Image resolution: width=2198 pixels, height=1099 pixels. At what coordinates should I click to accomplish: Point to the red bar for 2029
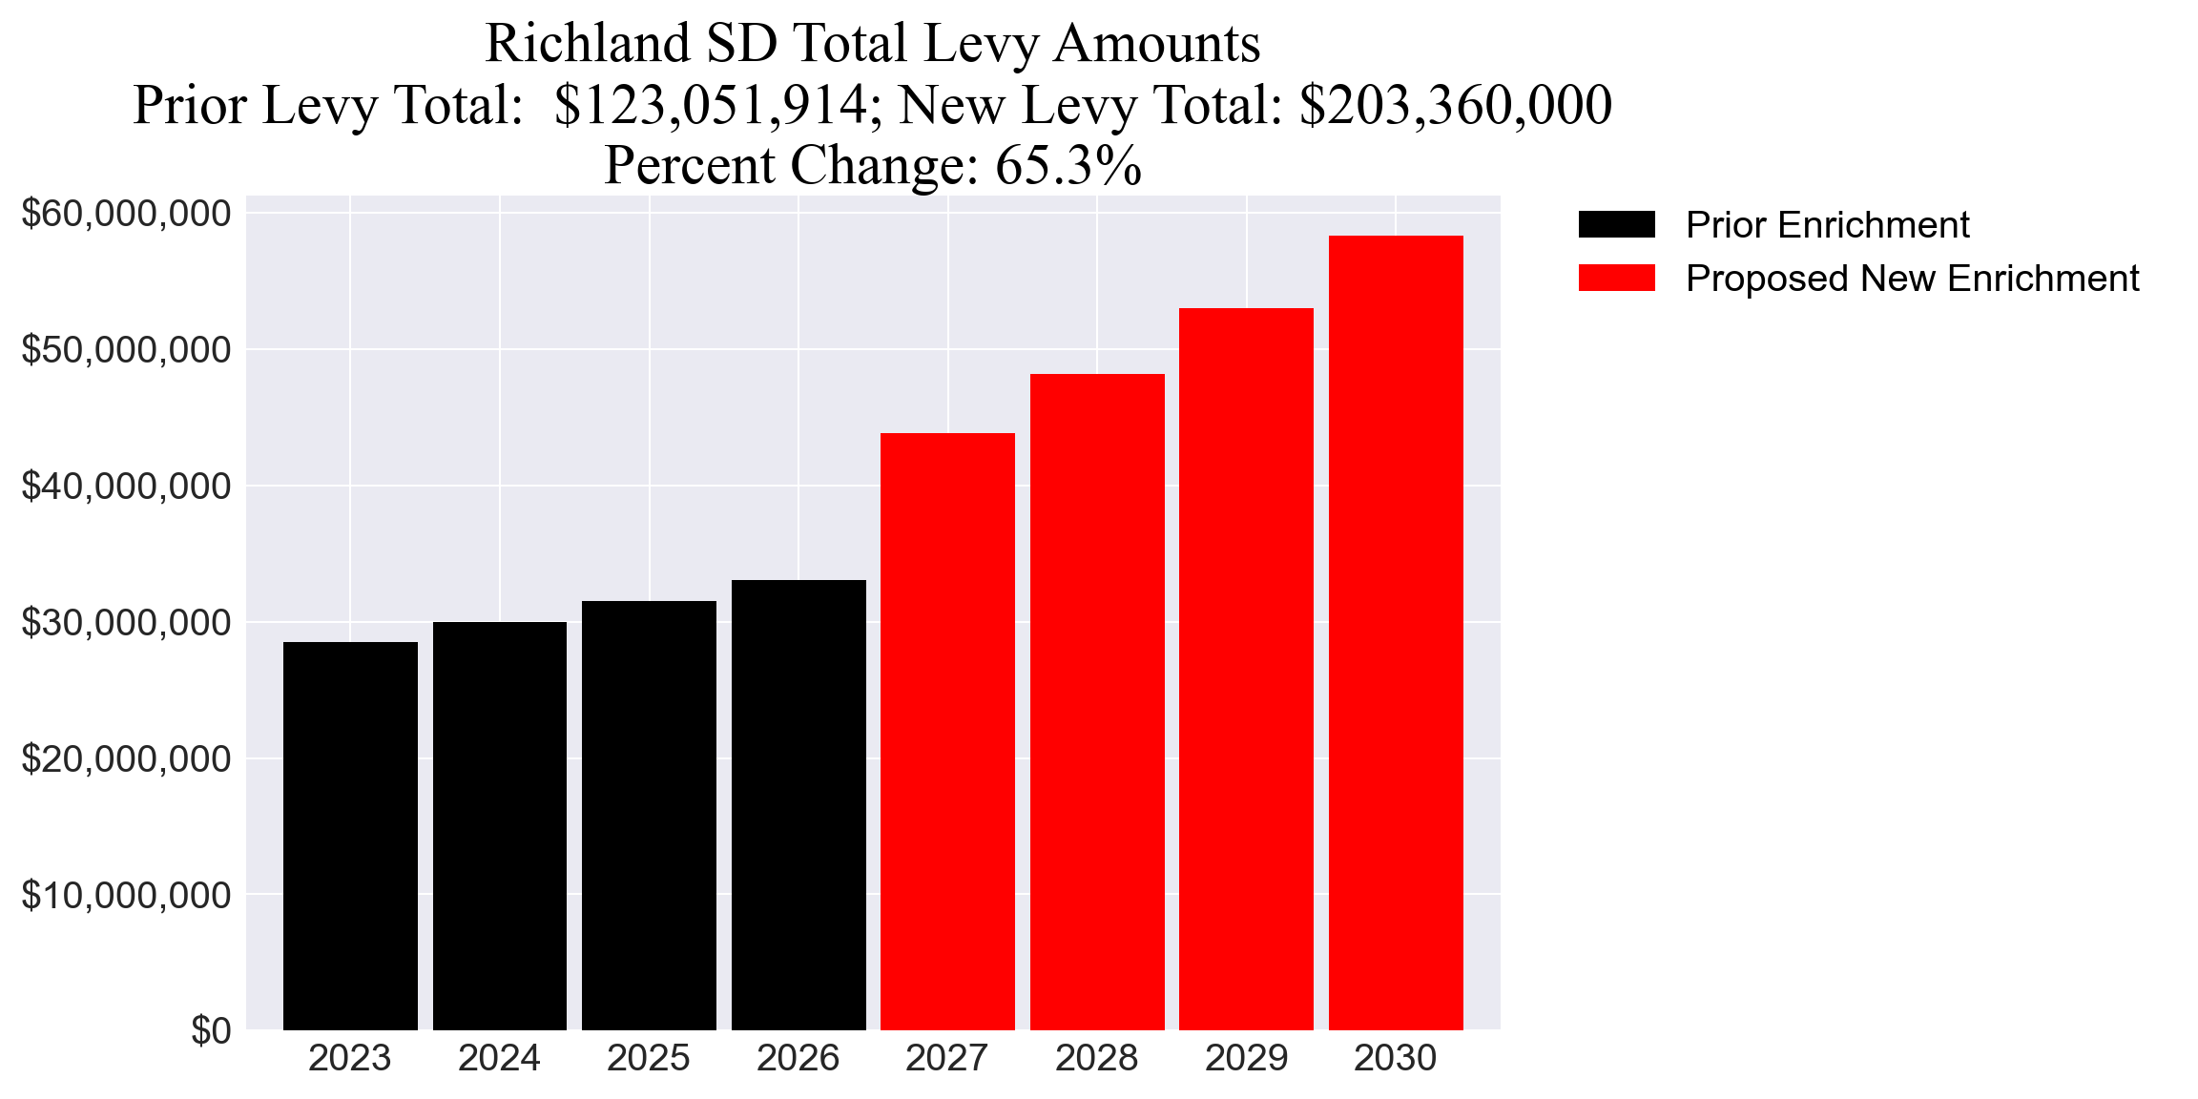click(x=1246, y=669)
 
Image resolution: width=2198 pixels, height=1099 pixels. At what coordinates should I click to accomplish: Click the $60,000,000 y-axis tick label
click(x=126, y=214)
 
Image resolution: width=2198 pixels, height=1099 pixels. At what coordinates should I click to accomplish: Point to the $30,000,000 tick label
click(x=126, y=623)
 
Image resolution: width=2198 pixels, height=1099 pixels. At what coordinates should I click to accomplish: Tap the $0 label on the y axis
click(x=211, y=1031)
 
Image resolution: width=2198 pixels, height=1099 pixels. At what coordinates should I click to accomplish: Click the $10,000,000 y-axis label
click(x=126, y=896)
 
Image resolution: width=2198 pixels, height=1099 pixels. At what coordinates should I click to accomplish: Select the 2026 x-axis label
click(x=798, y=1059)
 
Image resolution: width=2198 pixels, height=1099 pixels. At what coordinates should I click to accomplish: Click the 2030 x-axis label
click(x=1395, y=1059)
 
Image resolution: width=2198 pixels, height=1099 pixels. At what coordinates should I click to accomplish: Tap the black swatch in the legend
click(x=1616, y=225)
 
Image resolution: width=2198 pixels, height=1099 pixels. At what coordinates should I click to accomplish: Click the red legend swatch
click(x=1616, y=279)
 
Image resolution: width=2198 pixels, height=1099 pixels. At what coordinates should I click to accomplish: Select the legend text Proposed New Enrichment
click(x=1912, y=279)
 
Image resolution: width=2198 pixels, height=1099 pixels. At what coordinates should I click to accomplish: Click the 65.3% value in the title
click(x=1068, y=165)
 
